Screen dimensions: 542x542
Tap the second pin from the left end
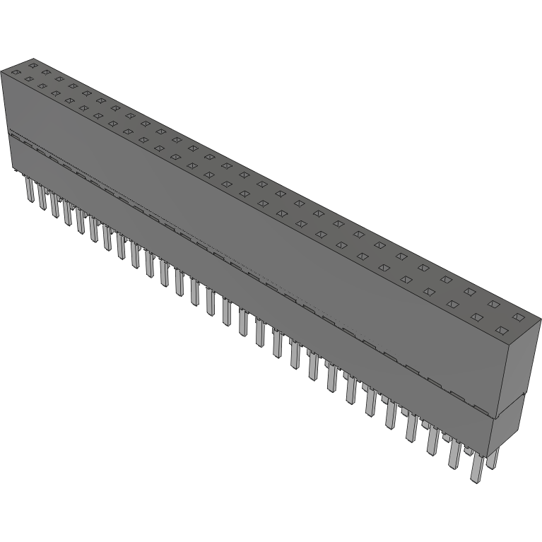(x=42, y=199)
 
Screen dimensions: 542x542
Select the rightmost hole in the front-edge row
(x=502, y=331)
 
